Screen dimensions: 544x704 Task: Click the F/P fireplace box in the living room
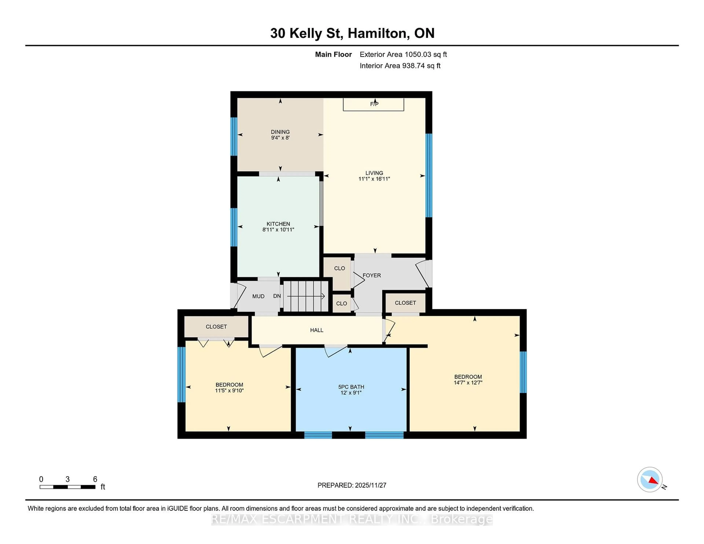pos(373,104)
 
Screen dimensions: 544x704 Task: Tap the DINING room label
pos(280,132)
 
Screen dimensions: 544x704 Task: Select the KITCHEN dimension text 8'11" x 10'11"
pos(278,230)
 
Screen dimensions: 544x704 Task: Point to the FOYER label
pos(372,275)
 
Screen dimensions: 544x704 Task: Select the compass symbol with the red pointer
pos(650,479)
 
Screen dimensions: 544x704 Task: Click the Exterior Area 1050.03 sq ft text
pos(403,54)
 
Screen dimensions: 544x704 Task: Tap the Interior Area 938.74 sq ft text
pos(400,66)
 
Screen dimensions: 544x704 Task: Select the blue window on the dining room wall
pos(234,137)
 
